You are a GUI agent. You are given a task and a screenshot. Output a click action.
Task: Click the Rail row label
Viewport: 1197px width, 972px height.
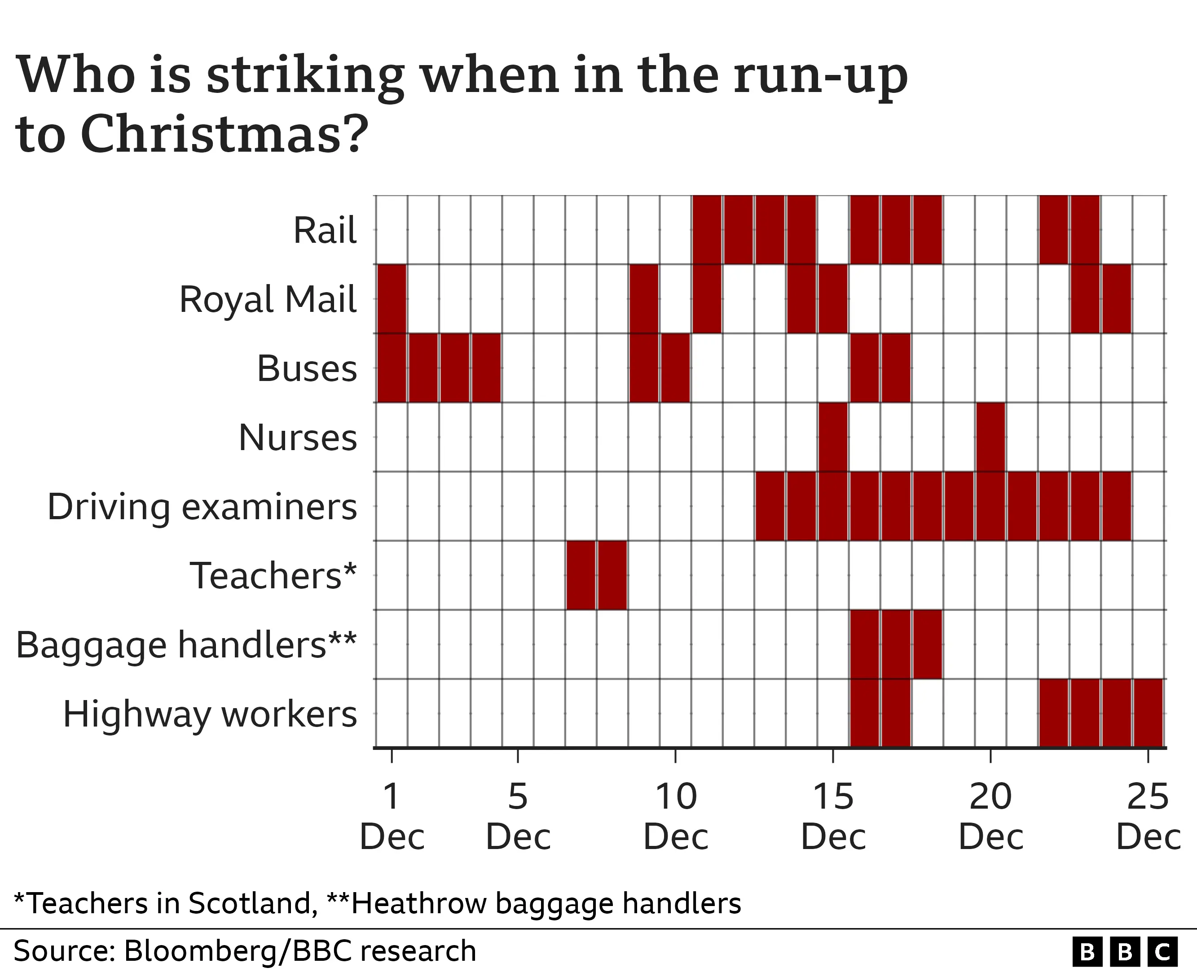coord(325,230)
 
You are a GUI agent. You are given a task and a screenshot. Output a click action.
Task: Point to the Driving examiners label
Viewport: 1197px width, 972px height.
coord(202,507)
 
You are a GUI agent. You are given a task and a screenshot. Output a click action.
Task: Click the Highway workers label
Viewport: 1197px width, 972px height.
coord(210,714)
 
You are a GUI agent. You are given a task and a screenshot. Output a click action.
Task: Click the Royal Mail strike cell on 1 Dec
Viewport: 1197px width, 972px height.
coord(392,299)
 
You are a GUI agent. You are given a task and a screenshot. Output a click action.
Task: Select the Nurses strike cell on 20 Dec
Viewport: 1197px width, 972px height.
coord(990,437)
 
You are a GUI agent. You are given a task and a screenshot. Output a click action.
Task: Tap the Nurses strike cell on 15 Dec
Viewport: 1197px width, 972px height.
coord(833,437)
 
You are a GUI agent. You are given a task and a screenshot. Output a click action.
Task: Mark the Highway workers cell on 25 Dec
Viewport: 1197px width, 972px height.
coord(1148,713)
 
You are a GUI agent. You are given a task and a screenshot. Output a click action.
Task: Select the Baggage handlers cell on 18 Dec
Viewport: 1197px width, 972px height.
coord(928,644)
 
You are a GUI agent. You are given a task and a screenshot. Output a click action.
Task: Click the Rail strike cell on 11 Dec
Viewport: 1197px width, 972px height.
coord(707,230)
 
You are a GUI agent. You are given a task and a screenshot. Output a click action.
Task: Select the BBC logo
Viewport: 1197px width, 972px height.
coord(1125,951)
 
